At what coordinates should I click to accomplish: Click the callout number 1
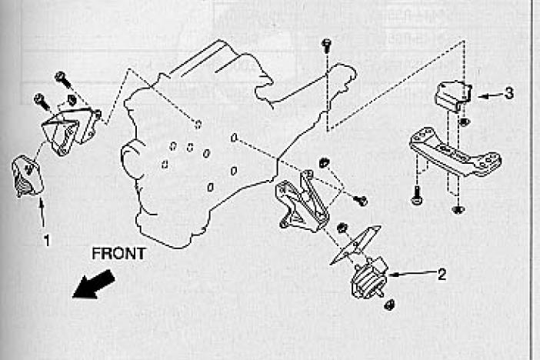[47, 240]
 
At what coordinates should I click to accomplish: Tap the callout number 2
[441, 273]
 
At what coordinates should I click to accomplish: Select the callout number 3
[510, 94]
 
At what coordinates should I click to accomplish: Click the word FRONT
[118, 253]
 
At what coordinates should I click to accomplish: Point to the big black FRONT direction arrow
[92, 284]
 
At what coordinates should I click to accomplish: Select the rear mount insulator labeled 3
[452, 95]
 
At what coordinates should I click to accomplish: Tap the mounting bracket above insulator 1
[70, 129]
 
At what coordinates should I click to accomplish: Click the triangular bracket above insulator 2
[303, 201]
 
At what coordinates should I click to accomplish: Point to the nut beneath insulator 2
[388, 305]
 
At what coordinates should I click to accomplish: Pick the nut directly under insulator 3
[464, 121]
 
